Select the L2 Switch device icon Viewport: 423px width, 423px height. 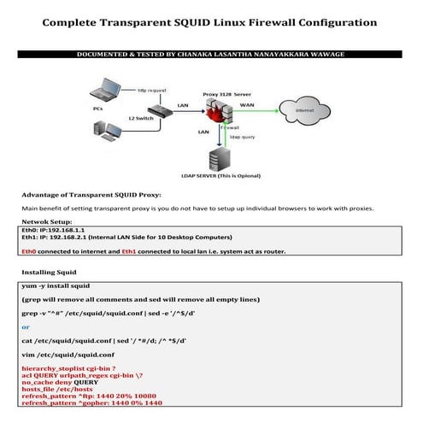point(159,112)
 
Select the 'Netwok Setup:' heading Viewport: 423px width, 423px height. point(48,220)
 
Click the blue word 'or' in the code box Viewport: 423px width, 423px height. point(26,327)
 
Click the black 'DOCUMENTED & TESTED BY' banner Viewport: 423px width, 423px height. point(211,54)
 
